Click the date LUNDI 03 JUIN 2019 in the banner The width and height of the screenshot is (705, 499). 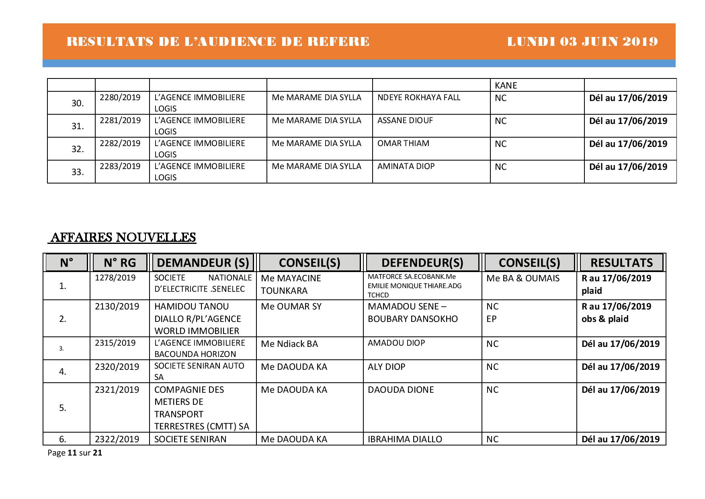(x=582, y=42)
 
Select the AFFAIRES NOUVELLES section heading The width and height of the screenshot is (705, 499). (x=122, y=237)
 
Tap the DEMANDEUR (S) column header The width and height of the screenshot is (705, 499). (x=203, y=263)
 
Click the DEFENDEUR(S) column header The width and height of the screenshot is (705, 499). (x=422, y=263)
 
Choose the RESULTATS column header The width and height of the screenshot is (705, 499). (x=621, y=263)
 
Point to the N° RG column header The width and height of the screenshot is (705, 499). (x=120, y=263)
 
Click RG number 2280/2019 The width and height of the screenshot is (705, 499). (x=120, y=97)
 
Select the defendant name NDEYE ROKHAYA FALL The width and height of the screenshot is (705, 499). (x=418, y=97)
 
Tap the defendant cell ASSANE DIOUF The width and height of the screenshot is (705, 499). (x=405, y=120)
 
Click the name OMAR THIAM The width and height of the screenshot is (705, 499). (x=403, y=143)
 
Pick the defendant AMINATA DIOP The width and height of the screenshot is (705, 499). (x=406, y=166)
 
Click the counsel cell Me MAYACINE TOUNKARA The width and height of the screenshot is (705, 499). (x=291, y=285)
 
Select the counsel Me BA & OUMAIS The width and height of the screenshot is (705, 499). (x=523, y=278)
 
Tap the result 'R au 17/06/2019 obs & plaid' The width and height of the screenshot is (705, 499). (x=616, y=313)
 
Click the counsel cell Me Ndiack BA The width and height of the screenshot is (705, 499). (x=289, y=344)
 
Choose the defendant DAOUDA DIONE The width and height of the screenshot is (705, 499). (x=401, y=390)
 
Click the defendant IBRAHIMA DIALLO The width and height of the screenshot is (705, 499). (x=405, y=439)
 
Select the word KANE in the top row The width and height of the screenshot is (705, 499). (x=506, y=85)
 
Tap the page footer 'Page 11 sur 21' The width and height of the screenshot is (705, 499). (x=75, y=453)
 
